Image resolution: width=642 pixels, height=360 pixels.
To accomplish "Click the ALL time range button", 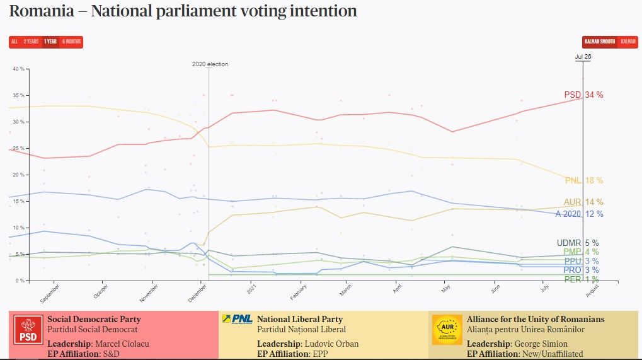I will [14, 42].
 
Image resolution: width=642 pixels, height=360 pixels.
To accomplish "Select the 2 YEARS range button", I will [31, 42].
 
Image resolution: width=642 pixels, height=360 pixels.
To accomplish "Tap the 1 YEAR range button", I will [50, 42].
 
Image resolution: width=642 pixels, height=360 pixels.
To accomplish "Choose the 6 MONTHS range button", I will [71, 42].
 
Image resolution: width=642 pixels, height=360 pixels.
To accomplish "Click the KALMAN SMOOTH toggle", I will [599, 42].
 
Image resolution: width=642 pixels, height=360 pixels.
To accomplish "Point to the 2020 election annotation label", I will [210, 64].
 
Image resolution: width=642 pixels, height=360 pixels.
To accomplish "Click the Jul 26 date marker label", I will [583, 57].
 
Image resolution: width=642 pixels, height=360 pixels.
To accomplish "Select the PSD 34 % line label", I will [583, 95].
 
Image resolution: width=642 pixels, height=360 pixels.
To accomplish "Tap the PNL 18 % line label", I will [584, 181].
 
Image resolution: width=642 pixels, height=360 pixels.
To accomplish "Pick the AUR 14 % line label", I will [584, 202].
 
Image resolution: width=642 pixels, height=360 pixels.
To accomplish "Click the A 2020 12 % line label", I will [580, 214].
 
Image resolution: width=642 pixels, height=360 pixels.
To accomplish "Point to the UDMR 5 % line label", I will [578, 243].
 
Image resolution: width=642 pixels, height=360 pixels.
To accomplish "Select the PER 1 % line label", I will [581, 279].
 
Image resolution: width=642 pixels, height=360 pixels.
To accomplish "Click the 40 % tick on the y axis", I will [18, 69].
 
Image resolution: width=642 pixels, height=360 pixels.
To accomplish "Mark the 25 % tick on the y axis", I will [18, 148].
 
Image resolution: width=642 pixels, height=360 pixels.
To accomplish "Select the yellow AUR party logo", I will [447, 330].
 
